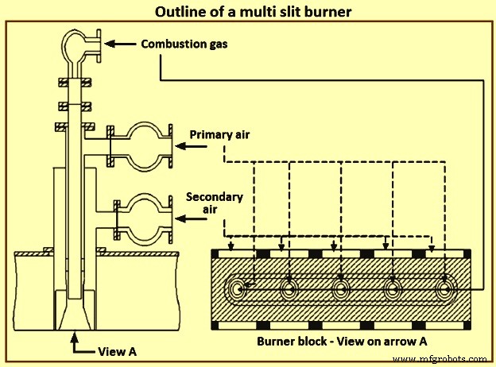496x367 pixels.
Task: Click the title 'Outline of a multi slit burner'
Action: click(x=247, y=12)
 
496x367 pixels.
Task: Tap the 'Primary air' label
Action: click(x=220, y=135)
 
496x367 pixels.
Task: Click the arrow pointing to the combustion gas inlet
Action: click(x=118, y=44)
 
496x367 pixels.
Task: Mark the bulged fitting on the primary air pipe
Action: click(x=144, y=146)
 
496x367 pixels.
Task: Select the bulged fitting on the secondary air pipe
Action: click(x=144, y=215)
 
